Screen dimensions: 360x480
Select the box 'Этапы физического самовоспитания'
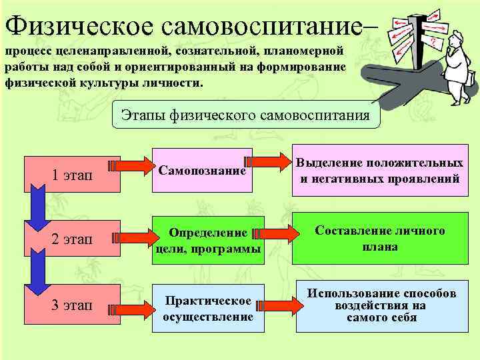coord(245,115)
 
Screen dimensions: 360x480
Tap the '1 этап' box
coord(72,175)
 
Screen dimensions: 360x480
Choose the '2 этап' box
coord(72,239)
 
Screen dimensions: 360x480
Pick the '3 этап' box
coord(72,306)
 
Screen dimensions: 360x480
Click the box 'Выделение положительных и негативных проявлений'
coord(379,171)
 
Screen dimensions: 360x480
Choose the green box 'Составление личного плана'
coord(379,239)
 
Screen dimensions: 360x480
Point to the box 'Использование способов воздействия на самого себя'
coord(381,305)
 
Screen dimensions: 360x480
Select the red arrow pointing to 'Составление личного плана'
coord(273,232)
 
